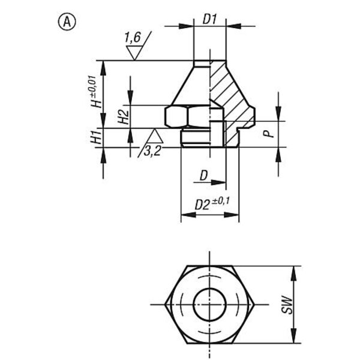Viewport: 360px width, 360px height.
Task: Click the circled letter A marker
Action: pyautogui.click(x=67, y=22)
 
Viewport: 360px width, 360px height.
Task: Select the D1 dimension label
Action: pyautogui.click(x=209, y=20)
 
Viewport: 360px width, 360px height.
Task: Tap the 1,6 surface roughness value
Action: pyautogui.click(x=133, y=37)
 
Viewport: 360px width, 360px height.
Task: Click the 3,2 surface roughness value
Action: pyautogui.click(x=152, y=151)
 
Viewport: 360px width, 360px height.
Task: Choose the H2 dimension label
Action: pyautogui.click(x=124, y=117)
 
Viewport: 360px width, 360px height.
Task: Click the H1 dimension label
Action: pyautogui.click(x=96, y=137)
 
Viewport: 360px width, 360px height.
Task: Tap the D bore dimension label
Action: pyautogui.click(x=203, y=176)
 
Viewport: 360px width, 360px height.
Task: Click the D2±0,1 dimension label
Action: pyautogui.click(x=212, y=204)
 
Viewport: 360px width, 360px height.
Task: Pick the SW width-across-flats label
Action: pyautogui.click(x=287, y=305)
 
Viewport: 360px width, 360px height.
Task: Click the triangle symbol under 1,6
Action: pyautogui.click(x=134, y=53)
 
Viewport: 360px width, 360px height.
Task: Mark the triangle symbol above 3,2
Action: pyautogui.click(x=155, y=136)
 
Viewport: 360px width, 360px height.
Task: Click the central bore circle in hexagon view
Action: pyautogui.click(x=209, y=289)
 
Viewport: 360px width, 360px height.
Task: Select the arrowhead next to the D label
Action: pyautogui.click(x=218, y=182)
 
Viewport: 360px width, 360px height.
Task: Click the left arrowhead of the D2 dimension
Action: pyautogui.click(x=188, y=215)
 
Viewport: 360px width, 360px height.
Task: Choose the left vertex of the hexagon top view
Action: pyautogui.click(x=165, y=305)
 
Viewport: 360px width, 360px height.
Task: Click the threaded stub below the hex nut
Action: pyautogui.click(x=196, y=138)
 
